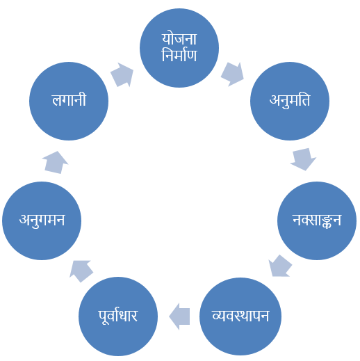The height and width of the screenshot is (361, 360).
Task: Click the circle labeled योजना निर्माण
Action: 179,48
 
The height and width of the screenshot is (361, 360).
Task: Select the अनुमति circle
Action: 290,101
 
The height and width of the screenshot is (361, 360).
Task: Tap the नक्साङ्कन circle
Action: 317,220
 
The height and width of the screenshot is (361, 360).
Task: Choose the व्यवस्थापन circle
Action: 240,316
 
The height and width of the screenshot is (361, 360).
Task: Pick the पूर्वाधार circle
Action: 118,316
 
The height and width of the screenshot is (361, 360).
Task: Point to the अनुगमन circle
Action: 42,220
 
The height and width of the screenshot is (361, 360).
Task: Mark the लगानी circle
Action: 69,101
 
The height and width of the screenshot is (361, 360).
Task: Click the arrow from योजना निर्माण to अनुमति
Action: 232,74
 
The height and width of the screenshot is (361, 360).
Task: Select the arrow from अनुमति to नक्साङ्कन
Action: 304,159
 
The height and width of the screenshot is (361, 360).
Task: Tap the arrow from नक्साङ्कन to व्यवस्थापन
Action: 280,266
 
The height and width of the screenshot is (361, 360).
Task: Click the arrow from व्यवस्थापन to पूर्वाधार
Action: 179,316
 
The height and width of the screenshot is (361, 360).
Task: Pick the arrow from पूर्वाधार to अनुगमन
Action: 81,271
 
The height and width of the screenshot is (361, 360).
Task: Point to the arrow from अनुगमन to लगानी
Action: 55,162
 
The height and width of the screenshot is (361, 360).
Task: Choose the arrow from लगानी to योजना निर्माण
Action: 122,74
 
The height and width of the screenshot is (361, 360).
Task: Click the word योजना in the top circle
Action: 179,39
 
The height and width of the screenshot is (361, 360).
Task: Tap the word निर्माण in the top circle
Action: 179,55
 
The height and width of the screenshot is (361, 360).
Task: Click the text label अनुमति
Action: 290,101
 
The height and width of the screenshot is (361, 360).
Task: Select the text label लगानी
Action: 69,100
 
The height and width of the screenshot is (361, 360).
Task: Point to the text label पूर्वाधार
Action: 118,316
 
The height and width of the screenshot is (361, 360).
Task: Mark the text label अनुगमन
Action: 42,220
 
